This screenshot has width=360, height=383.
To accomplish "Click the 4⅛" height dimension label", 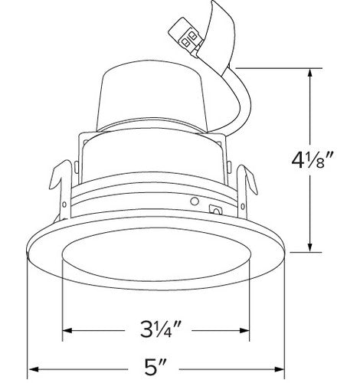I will tap(315, 162).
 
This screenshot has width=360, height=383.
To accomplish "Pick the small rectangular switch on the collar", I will tap(215, 208).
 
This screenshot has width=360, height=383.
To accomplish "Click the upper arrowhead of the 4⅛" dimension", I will tap(310, 74).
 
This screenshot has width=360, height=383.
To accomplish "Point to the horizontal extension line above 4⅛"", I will tap(276, 68).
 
